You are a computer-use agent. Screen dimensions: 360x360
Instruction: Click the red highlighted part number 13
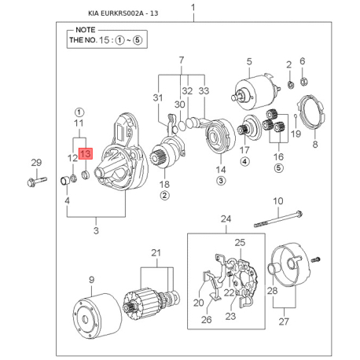[x=85, y=154]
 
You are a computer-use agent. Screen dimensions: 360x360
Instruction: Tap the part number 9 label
[x=91, y=279]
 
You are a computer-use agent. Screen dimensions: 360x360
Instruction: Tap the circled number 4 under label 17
[x=244, y=162]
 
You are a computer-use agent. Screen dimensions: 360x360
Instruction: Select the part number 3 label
[x=96, y=230]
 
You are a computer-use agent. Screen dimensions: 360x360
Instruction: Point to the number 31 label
[x=157, y=97]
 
